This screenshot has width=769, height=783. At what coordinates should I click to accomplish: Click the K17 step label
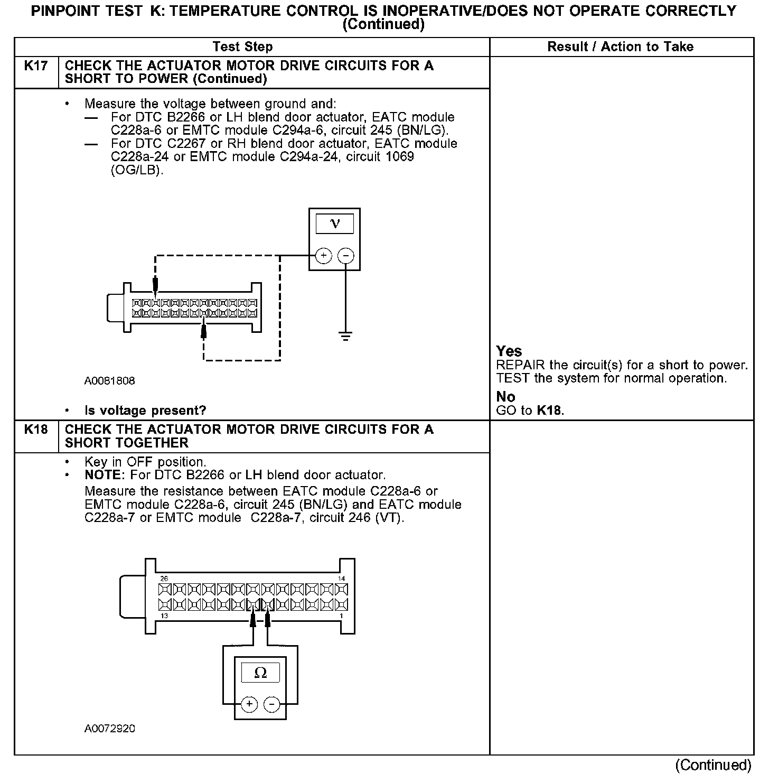pos(36,66)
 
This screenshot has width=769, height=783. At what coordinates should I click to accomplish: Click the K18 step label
pos(36,430)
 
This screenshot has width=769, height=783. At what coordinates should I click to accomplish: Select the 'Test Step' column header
pos(242,47)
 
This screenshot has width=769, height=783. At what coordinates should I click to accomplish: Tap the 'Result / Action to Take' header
pos(620,47)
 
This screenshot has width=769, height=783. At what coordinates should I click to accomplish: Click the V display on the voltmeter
pos(335,223)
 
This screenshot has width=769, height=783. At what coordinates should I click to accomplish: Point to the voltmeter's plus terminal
pos(323,256)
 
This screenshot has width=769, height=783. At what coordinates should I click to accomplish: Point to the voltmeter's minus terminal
pos(346,256)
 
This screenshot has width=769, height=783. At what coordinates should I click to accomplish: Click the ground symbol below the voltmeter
pos(345,336)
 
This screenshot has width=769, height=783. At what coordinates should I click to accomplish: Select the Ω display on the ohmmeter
pos(260,673)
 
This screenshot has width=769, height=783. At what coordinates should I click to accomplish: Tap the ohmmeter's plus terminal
pos(249,704)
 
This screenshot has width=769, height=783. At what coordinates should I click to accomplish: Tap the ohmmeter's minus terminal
pos(271,704)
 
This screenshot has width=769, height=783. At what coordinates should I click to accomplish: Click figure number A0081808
pos(110,381)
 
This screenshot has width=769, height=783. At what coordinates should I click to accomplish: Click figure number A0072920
pos(110,729)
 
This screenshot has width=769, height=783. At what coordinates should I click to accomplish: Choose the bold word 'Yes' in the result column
pos(509,351)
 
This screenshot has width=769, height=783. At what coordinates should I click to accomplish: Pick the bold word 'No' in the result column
pos(505,397)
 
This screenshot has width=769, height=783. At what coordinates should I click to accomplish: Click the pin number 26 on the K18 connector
pos(163,579)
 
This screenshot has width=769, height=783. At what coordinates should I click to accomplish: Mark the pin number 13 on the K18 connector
pos(164,616)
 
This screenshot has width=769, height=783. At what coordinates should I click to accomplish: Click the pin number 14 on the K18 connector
pos(341,579)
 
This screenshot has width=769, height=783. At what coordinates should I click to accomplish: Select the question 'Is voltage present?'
pos(145,411)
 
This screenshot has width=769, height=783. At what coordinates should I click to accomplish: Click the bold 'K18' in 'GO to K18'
pos(549,411)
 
